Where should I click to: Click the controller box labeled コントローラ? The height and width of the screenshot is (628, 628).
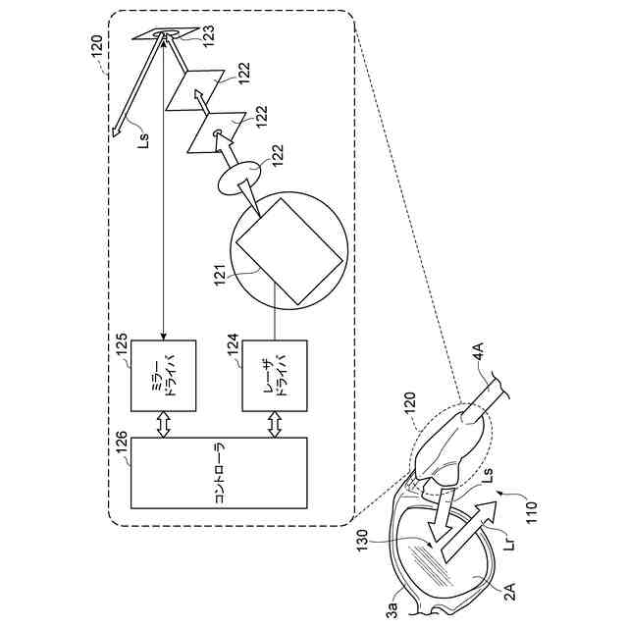219,473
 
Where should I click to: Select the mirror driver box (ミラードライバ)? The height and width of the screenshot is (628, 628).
164,376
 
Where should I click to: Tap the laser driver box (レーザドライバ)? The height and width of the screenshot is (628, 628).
274,376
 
